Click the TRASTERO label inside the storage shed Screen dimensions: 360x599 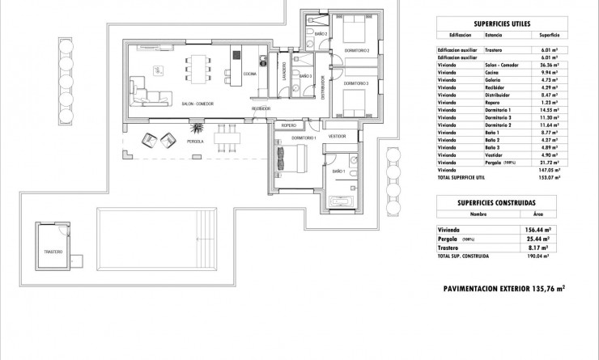click(x=53, y=253)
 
